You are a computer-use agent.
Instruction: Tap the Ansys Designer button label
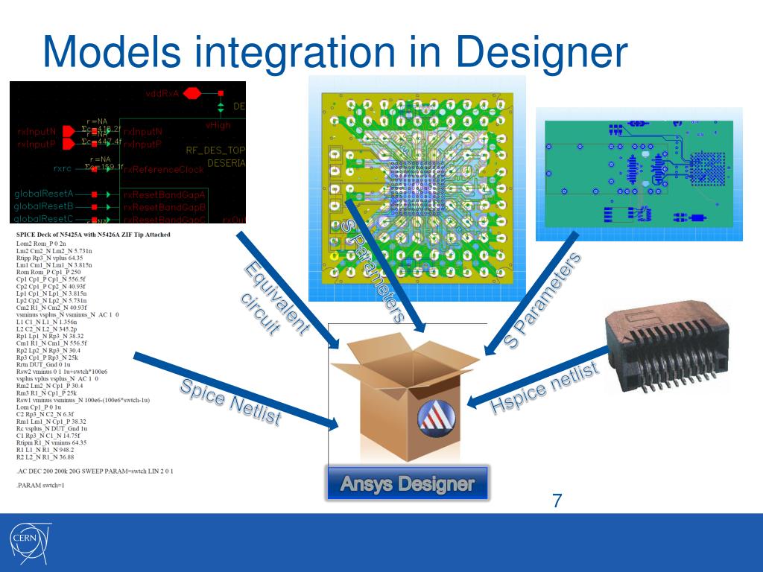(407, 484)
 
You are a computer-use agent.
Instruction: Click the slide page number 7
(557, 500)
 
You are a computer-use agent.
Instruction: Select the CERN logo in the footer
(29, 541)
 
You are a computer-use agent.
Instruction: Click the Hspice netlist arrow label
(544, 387)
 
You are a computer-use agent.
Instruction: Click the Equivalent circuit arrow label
(274, 298)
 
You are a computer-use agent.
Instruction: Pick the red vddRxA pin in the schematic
(192, 93)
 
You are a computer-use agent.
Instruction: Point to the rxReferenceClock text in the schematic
(164, 169)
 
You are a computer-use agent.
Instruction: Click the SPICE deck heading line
(93, 235)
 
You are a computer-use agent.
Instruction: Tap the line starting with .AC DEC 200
(94, 471)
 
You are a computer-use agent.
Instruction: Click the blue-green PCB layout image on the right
(639, 174)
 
